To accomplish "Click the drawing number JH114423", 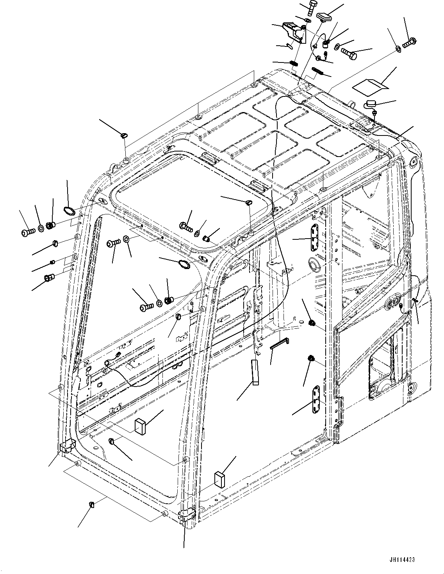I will [x=401, y=560].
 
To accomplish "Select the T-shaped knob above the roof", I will [x=324, y=17].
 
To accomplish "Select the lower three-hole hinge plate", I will [x=316, y=399].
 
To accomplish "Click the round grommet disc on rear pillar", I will [x=314, y=264].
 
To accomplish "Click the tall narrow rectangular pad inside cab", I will [x=255, y=373].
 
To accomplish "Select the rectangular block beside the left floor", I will [x=140, y=426].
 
